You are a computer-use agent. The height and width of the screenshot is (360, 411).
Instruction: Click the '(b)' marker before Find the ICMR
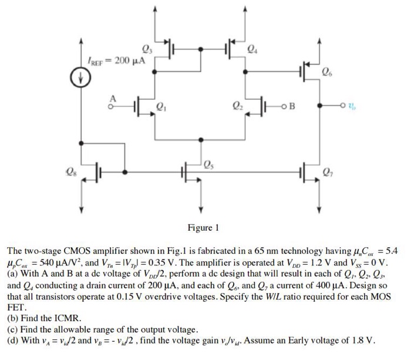coord(12,318)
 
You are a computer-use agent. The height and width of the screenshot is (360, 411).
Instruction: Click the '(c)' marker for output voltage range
coord(12,329)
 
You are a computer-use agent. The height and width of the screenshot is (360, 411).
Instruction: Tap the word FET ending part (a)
coord(15,306)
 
